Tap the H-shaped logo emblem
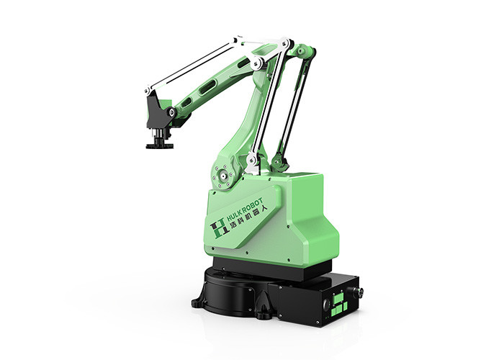[218, 228]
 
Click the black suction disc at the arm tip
[160, 146]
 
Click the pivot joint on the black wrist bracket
[171, 112]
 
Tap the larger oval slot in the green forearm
[207, 87]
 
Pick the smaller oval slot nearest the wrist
[186, 103]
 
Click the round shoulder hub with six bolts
[222, 176]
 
